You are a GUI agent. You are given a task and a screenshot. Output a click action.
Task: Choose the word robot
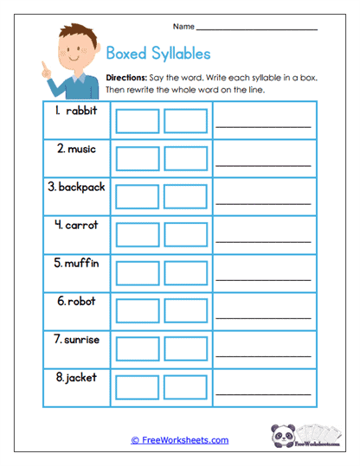coord(80,301)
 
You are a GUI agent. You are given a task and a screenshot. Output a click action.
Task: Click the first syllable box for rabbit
coord(137,121)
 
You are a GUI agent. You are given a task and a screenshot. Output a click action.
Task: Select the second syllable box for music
coord(185,159)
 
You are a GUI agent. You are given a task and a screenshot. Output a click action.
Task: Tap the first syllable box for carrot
coord(137,235)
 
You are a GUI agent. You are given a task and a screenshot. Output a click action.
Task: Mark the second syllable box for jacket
coord(185,386)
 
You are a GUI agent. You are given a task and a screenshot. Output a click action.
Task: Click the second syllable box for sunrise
coord(185,348)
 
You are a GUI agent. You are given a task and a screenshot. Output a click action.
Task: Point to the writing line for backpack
coord(263,201)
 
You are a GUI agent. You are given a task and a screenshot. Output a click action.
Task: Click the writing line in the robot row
coord(263,316)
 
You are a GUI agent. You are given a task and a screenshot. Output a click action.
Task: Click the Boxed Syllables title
coord(157,52)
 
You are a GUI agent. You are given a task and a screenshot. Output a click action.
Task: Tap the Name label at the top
coord(183,26)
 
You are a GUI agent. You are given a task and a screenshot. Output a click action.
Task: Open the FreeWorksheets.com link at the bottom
coord(180,440)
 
